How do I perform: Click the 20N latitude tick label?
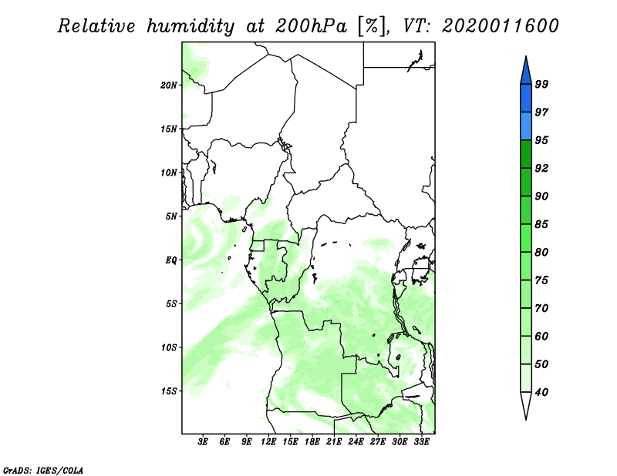tap(169, 85)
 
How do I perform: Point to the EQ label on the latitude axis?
tap(171, 260)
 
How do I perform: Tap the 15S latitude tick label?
tap(169, 391)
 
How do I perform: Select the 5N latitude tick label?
tap(171, 216)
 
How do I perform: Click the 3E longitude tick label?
tap(203, 442)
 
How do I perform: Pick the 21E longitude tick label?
tap(334, 442)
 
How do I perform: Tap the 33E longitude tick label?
tap(421, 442)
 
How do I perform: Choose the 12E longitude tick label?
tap(268, 442)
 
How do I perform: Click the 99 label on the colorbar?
tap(541, 84)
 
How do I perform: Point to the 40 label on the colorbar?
tap(541, 392)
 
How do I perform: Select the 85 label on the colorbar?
tap(541, 224)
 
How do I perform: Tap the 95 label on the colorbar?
tap(541, 140)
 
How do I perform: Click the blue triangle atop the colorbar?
tap(526, 72)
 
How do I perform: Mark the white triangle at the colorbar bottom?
tap(526, 403)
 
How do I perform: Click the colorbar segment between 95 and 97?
tap(526, 126)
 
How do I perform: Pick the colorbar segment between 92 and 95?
tap(526, 154)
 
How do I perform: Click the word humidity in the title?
tap(190, 26)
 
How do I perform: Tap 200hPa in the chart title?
tap(311, 26)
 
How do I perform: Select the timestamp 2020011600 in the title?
tap(500, 26)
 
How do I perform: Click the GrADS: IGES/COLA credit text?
tap(43, 470)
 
